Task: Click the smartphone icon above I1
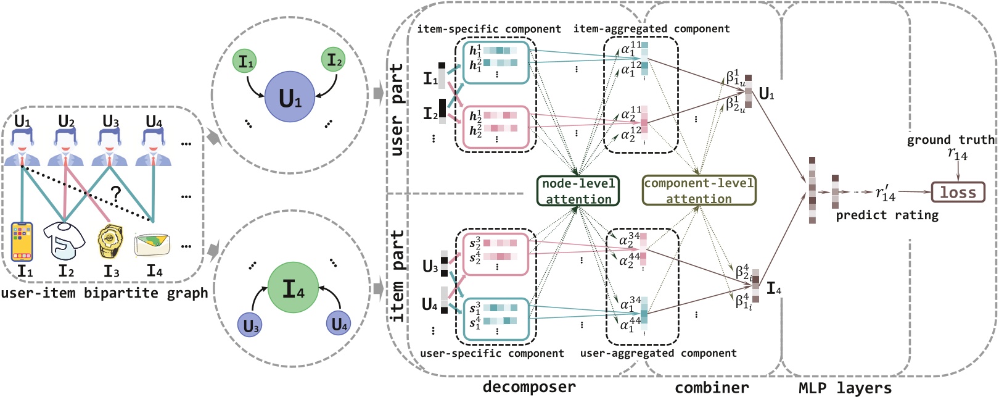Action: coord(22,242)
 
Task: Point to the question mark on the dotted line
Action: coord(115,195)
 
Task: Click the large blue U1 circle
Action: coord(290,98)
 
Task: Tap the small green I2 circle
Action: coord(334,61)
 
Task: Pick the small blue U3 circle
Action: coord(250,325)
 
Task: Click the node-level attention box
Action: coord(578,191)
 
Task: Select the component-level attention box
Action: coord(699,191)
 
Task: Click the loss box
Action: coord(958,192)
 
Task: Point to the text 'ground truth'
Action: coord(950,140)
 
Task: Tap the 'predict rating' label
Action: coord(887,215)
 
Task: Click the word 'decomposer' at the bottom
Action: coord(529,387)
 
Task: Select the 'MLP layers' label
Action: coord(845,388)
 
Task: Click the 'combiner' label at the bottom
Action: coord(712,388)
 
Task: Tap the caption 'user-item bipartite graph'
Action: coord(104,293)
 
